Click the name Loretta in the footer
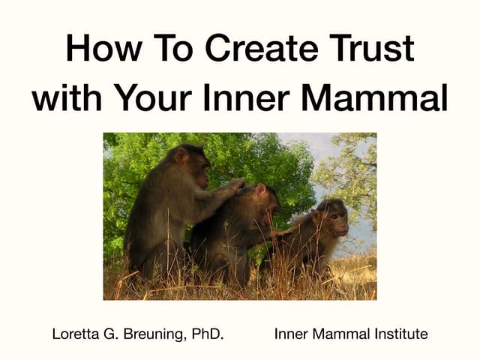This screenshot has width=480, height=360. point(76,334)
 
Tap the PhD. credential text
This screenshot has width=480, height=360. point(206,334)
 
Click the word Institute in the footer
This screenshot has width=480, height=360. point(400,334)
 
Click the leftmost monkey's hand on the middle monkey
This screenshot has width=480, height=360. point(235,185)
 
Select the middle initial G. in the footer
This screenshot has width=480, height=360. point(112,334)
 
